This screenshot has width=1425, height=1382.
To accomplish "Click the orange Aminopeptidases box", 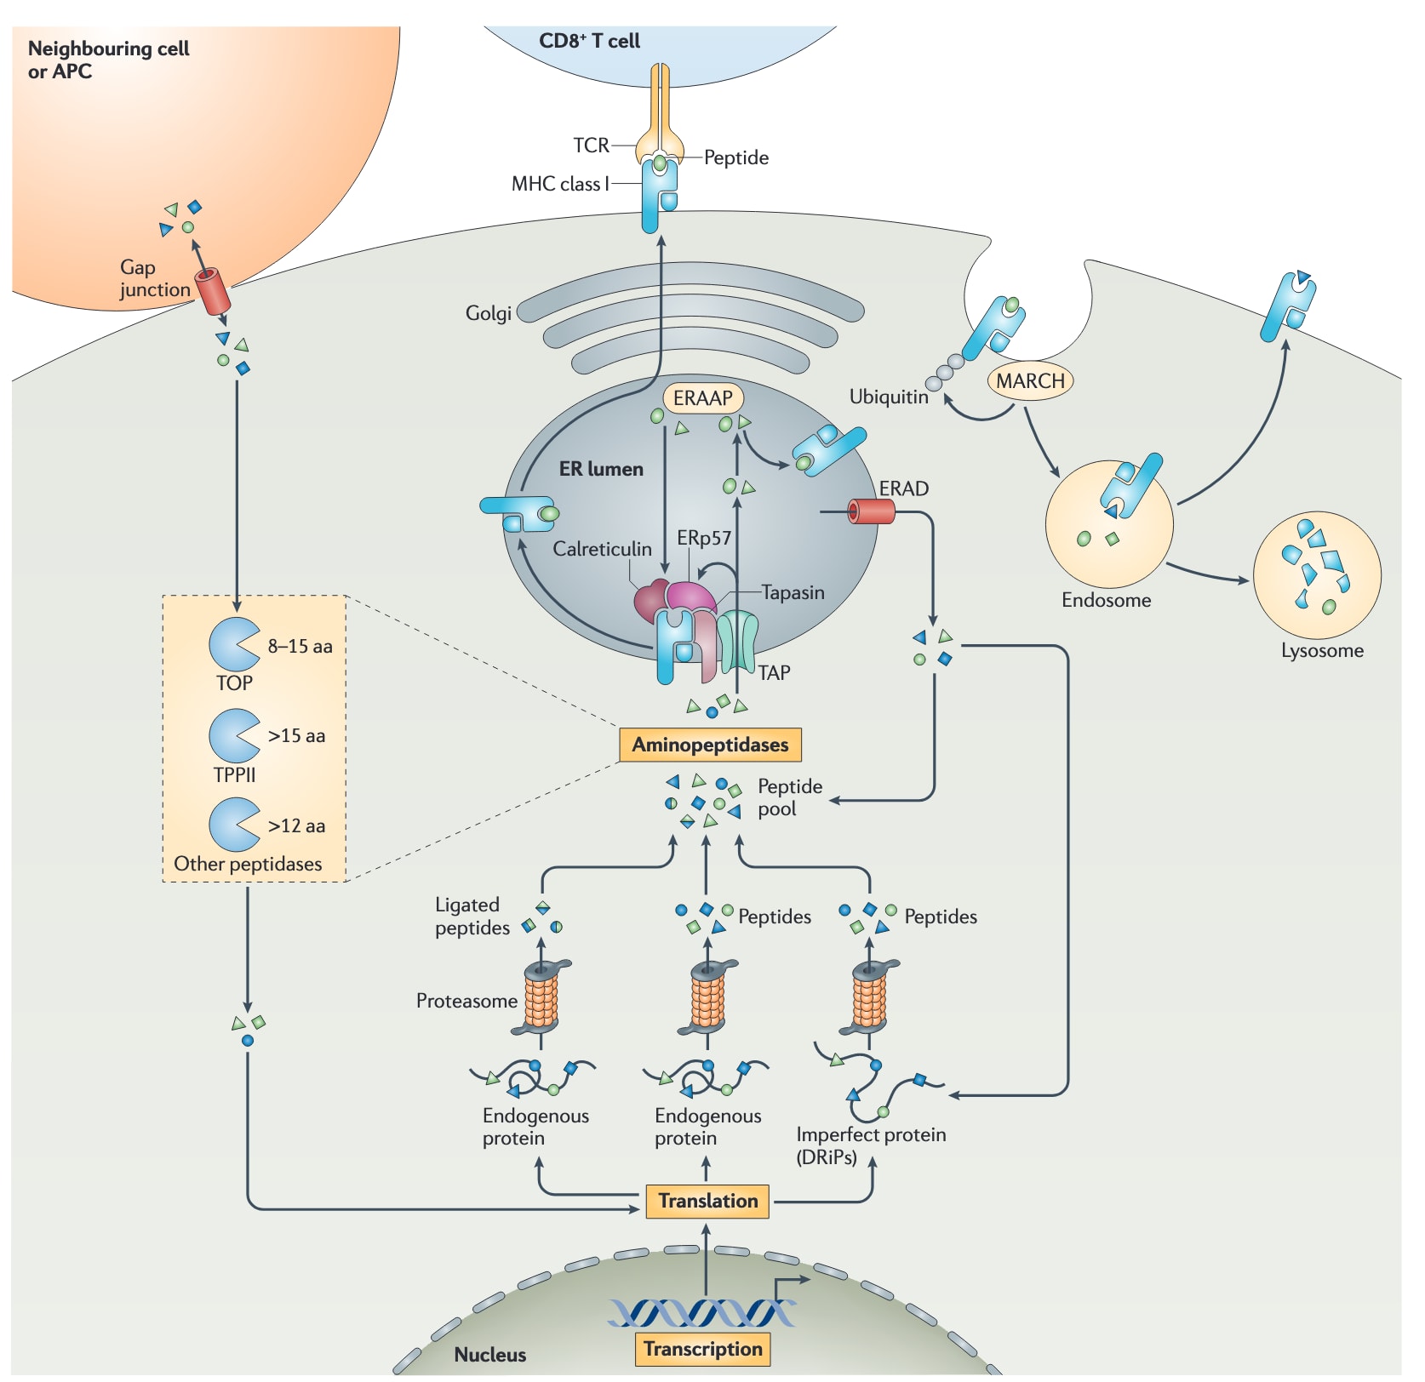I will [710, 745].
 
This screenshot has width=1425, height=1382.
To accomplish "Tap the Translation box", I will [707, 1201].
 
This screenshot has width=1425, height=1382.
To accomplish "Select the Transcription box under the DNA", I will [702, 1349].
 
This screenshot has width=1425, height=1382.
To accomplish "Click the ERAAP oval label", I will [702, 398].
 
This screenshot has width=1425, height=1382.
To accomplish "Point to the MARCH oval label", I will [1030, 380].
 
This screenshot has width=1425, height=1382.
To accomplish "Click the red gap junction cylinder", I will [213, 291].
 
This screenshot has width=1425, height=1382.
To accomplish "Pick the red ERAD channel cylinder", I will [872, 511].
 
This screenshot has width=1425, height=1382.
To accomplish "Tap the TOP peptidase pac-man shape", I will [232, 644].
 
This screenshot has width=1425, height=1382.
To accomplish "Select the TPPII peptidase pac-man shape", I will [232, 735].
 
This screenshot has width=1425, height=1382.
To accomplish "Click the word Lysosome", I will [1322, 651].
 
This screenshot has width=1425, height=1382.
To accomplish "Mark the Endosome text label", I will [1106, 600].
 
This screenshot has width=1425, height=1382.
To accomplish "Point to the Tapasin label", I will [793, 592].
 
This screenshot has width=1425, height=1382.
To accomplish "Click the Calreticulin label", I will [602, 549].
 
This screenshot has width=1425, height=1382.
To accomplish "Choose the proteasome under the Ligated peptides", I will [541, 997].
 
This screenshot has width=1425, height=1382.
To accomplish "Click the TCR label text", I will [591, 146].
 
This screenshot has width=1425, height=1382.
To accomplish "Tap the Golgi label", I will [488, 313].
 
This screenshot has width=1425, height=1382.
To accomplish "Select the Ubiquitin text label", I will [889, 397].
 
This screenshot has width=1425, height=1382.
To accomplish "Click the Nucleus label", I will [489, 1354].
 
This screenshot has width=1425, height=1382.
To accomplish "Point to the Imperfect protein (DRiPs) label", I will [870, 1145].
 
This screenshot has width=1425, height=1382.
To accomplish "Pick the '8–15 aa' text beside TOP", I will [300, 646].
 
